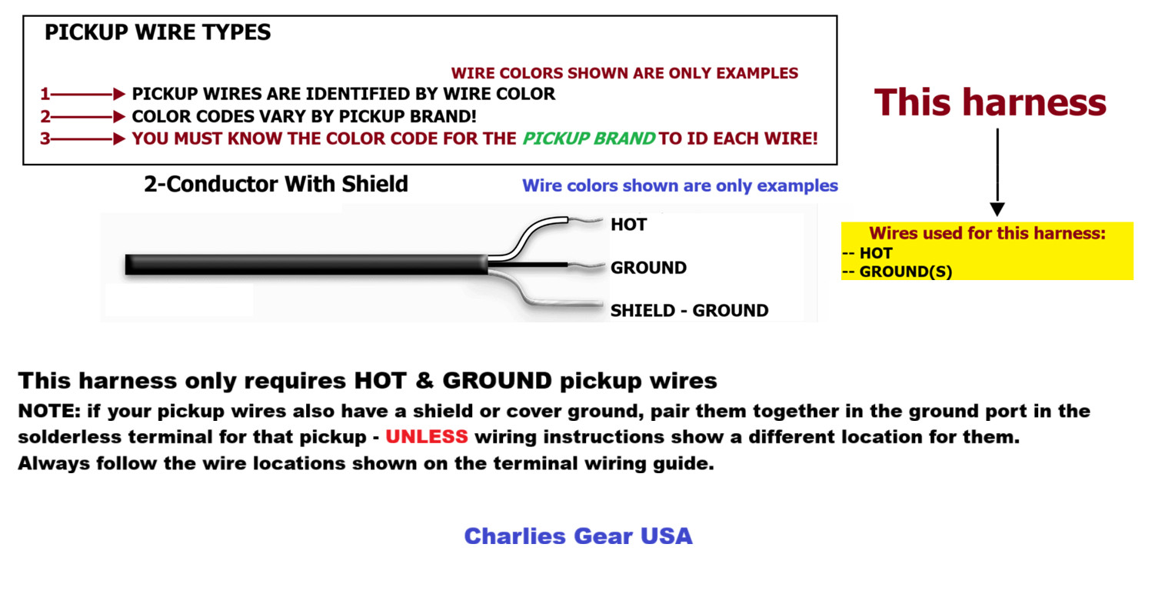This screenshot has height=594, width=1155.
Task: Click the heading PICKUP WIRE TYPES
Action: (x=158, y=32)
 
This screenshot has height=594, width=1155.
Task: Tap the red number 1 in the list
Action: (x=45, y=94)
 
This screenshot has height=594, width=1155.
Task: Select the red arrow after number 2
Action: (x=88, y=117)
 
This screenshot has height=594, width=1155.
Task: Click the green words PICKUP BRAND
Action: (x=589, y=138)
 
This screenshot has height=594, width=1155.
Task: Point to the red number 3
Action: (x=45, y=138)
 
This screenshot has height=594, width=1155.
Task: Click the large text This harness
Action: (x=990, y=102)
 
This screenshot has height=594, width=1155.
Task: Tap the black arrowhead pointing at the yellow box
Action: (x=997, y=209)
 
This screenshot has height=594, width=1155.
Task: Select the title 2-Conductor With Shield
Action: (x=276, y=184)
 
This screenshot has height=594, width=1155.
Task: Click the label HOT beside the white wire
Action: (x=628, y=225)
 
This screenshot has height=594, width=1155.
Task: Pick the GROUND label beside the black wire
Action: (x=649, y=267)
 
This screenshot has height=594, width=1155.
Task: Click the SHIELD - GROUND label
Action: (x=690, y=310)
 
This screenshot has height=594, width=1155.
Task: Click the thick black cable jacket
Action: (x=306, y=264)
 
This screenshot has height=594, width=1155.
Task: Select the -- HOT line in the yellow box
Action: (x=867, y=253)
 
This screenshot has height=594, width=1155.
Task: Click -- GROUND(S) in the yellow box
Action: (x=897, y=272)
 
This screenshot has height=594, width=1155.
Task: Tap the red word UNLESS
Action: (x=427, y=436)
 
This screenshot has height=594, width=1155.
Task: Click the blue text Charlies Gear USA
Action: (x=578, y=536)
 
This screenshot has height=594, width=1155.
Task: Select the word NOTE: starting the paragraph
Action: (x=49, y=411)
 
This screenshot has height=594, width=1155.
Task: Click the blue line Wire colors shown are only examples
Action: (x=680, y=185)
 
